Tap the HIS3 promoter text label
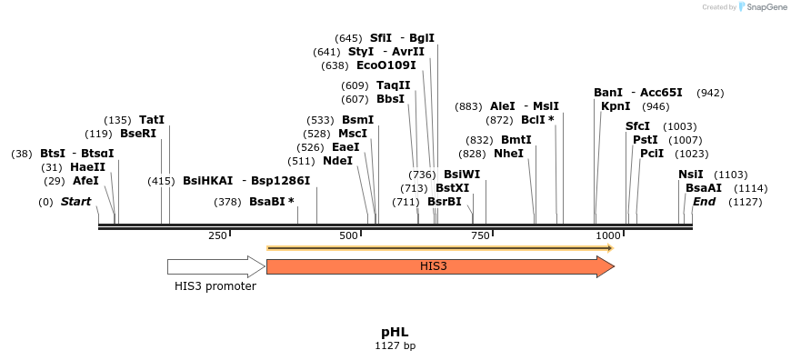point(215,286)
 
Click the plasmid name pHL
point(395,332)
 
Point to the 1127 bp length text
point(395,346)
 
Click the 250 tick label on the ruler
point(217,236)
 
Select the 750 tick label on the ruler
point(481,236)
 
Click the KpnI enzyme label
point(616,106)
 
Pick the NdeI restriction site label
point(337,161)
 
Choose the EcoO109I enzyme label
point(385,65)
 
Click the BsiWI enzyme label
point(462,175)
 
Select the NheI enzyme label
point(508,154)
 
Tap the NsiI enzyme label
point(691,175)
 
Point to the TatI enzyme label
point(152,120)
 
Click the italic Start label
point(75,202)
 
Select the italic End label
point(705,202)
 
